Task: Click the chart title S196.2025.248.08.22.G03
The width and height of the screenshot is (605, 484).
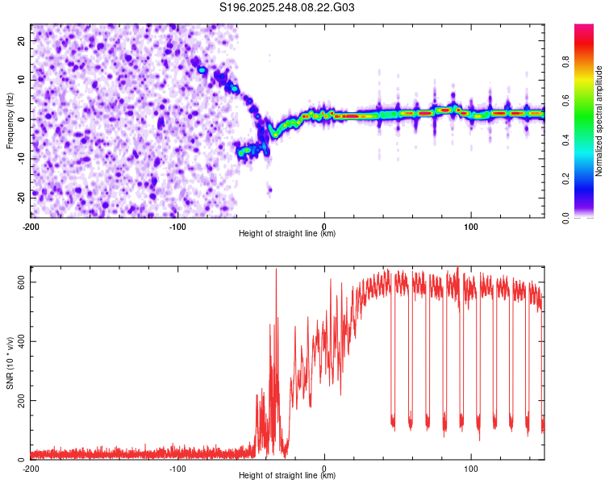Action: point(287,7)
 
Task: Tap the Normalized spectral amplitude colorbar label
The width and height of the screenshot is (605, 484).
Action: point(599,121)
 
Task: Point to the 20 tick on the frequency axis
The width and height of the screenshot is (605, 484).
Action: point(22,40)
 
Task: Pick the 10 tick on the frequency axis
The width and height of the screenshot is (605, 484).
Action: point(22,80)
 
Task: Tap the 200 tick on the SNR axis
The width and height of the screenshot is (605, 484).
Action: point(18,400)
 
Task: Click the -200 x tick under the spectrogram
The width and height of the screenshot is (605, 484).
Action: point(31,225)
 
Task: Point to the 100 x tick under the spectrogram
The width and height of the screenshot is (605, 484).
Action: point(471,225)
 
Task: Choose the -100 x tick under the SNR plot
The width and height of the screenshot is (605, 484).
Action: point(177,468)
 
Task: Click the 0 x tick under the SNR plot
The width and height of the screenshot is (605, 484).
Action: point(324,468)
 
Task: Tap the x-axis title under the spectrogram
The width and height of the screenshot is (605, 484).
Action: point(287,233)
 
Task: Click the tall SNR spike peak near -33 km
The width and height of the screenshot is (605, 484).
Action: point(276,269)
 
